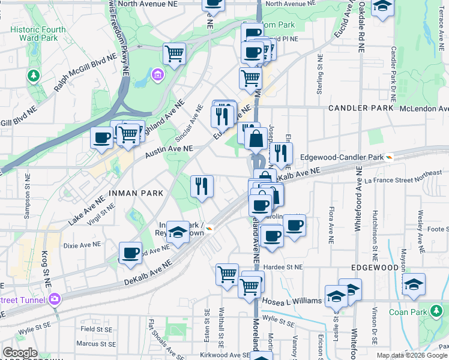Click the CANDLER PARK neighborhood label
(x=361, y=108)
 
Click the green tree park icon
(x=32, y=76)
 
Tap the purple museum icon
(x=157, y=74)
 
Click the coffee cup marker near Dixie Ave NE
(x=130, y=253)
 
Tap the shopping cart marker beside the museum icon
(x=174, y=54)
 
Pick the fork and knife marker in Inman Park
(x=202, y=186)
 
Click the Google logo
(x=20, y=353)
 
